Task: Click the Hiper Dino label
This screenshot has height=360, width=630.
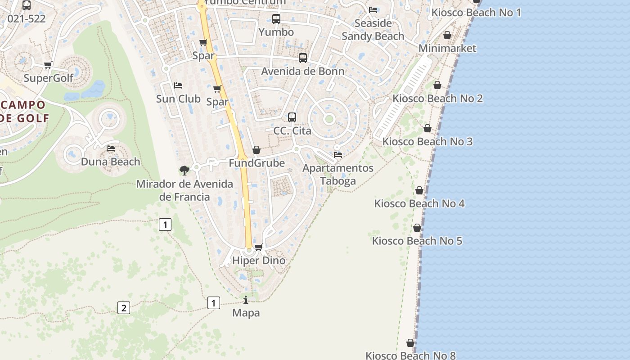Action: [258, 261]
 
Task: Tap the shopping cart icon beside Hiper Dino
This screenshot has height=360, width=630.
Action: [258, 247]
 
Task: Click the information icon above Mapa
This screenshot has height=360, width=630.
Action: [246, 300]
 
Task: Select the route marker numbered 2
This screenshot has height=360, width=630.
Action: [123, 308]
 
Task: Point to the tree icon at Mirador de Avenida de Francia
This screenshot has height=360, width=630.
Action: [184, 170]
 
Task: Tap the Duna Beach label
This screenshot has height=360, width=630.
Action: [110, 162]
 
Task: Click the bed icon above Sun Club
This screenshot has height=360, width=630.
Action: [178, 85]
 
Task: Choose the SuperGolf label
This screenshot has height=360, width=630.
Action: [48, 78]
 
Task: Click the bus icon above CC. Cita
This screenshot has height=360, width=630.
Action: [292, 117]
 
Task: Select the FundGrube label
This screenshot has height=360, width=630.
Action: [256, 163]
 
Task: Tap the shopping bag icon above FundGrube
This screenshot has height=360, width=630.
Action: [256, 150]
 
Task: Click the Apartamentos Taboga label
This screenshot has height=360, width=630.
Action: [338, 174]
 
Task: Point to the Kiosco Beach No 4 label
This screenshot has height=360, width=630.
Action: [419, 203]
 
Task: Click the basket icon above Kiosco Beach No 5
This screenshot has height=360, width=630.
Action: [417, 228]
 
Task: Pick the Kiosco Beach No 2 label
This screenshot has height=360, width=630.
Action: [437, 98]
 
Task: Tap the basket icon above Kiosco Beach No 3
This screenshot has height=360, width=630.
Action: [427, 128]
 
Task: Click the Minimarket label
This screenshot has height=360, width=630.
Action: [447, 48]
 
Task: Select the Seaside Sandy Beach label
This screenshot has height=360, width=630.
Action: [373, 30]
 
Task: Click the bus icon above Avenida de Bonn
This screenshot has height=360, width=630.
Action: [303, 58]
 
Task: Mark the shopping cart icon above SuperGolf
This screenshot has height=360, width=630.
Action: [48, 65]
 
